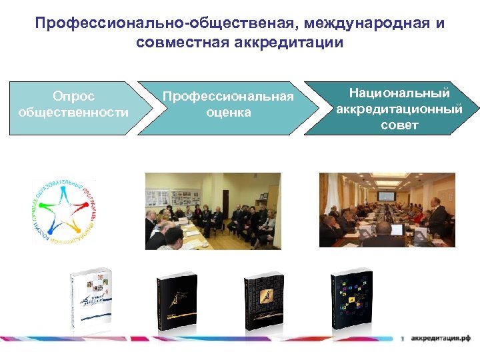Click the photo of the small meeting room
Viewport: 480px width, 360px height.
[x=213, y=211]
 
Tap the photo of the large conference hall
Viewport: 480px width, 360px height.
[x=387, y=210]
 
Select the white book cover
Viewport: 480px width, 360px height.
[x=91, y=301]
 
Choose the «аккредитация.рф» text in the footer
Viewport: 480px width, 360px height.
[x=441, y=339]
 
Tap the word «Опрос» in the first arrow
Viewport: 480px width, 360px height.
[x=73, y=97]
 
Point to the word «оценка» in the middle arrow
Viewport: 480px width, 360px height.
[x=229, y=113]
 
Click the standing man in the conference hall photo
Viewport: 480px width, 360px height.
[x=437, y=219]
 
